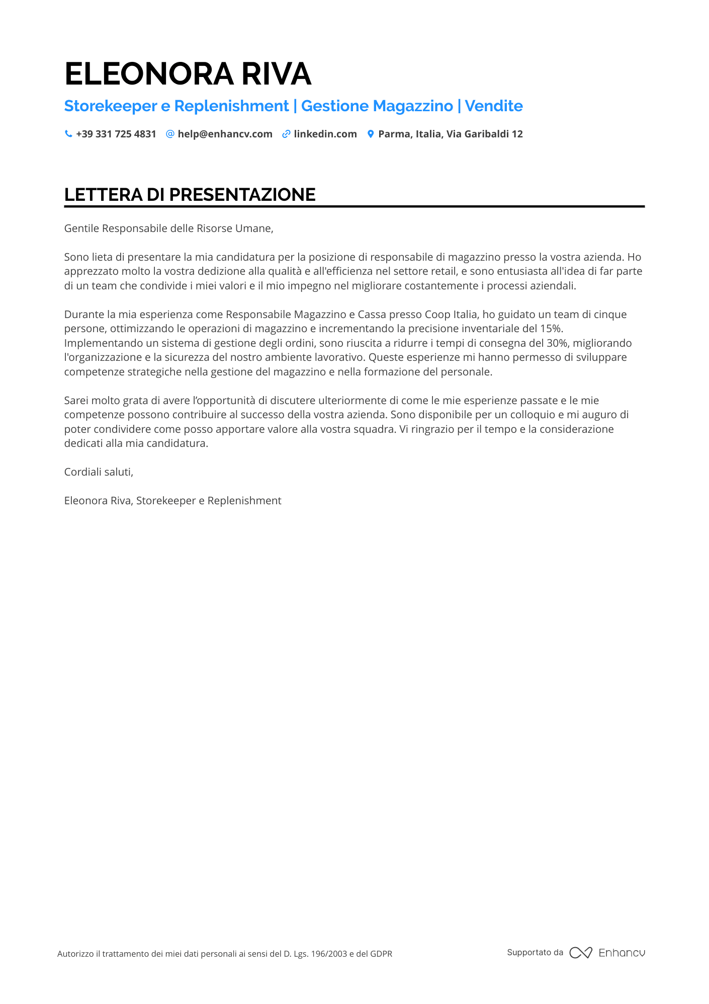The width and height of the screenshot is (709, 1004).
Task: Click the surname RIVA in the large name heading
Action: coord(277,74)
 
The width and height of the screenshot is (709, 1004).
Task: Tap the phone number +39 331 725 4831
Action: coord(116,134)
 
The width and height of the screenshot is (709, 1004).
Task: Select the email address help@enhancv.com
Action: coord(225,134)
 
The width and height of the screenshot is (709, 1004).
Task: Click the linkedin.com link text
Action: coord(325,134)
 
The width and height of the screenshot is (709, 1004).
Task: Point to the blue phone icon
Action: coord(68,134)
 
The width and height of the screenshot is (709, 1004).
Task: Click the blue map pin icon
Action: coord(371,134)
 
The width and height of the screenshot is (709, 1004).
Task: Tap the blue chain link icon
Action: coord(286,134)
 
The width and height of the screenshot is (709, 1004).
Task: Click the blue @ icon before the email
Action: coord(170,134)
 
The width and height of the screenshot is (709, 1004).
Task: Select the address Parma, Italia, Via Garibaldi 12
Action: coord(450,134)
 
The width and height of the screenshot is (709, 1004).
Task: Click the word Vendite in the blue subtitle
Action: coord(493,106)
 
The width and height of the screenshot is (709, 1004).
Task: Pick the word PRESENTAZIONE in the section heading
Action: coord(242,195)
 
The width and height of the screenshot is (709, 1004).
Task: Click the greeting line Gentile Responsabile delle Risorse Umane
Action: coord(168,228)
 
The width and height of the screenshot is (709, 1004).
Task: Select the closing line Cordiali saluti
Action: coord(99,472)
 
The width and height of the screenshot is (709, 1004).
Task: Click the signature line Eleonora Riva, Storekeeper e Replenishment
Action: coord(172,501)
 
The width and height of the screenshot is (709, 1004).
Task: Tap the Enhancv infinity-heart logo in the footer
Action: coord(581,953)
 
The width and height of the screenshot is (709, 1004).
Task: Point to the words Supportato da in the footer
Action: coord(535,952)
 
